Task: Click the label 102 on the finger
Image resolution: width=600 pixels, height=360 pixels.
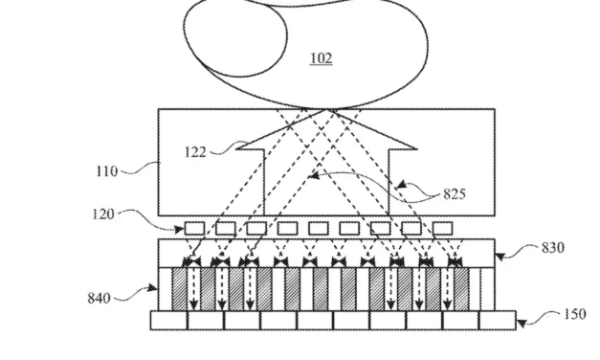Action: click(x=321, y=58)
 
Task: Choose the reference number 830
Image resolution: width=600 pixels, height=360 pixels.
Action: click(x=552, y=248)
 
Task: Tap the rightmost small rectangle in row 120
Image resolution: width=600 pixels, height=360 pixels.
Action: click(x=442, y=229)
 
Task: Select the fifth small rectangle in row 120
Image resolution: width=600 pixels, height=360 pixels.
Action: click(x=318, y=229)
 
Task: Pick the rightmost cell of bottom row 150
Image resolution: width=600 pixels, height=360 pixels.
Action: click(x=498, y=321)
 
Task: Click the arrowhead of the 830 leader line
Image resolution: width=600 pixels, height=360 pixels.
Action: click(x=497, y=257)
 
